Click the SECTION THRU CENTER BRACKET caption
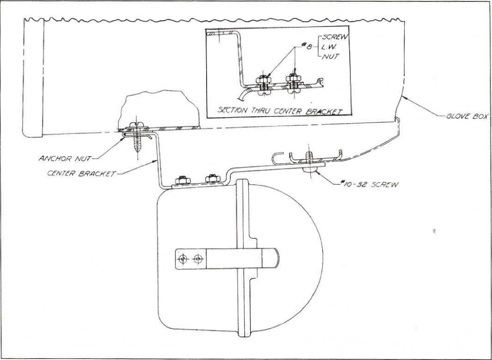tap(280, 111)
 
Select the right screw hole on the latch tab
tap(198, 259)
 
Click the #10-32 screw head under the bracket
tap(309, 168)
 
